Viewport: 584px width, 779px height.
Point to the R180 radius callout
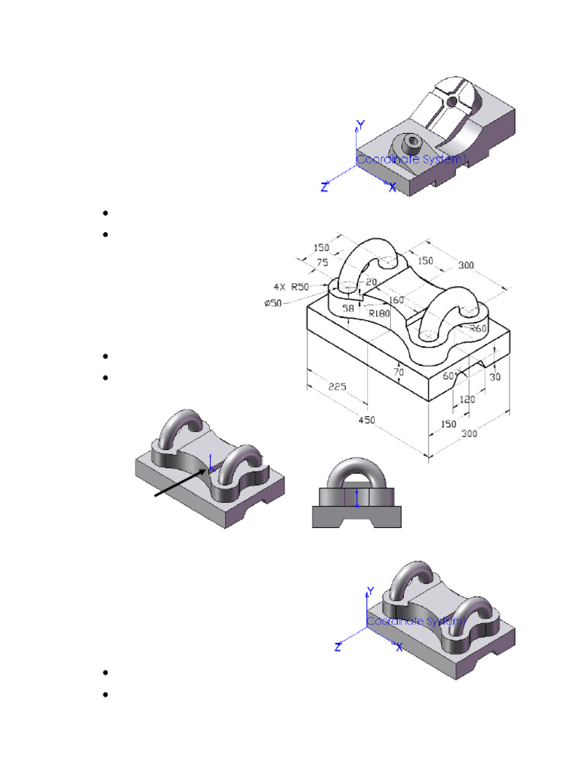click(x=379, y=312)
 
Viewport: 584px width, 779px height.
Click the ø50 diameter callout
click(x=274, y=304)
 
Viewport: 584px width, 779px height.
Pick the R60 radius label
click(x=478, y=328)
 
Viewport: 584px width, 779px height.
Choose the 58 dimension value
click(x=348, y=309)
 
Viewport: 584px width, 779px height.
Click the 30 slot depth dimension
click(x=495, y=376)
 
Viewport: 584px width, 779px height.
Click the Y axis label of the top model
click(x=362, y=124)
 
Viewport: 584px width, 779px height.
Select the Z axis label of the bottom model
click(x=338, y=647)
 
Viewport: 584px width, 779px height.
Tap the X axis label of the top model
click(x=392, y=187)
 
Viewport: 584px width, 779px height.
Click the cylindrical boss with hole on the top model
click(x=411, y=142)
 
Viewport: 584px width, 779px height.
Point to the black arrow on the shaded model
click(x=181, y=483)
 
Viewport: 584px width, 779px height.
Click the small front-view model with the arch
click(x=356, y=494)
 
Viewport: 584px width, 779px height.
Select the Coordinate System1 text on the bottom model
click(x=414, y=622)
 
